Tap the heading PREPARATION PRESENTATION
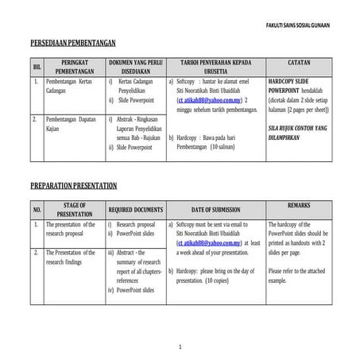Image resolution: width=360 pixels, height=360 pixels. point(74,186)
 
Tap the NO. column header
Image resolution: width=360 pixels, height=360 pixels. point(37,211)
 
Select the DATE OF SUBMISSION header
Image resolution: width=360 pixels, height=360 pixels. point(215,211)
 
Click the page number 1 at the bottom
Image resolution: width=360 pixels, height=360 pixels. point(180,347)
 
